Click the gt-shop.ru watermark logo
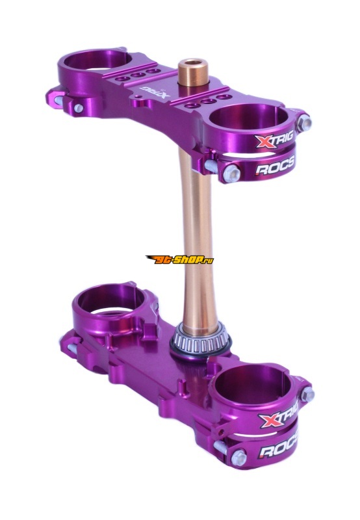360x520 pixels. [179, 259]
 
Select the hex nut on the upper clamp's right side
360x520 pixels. [305, 122]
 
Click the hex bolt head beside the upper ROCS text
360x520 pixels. [231, 172]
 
